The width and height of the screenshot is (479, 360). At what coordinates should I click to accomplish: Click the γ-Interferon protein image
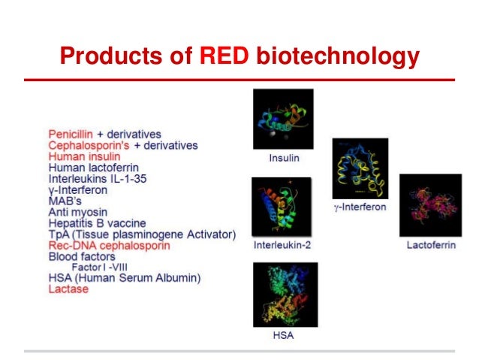pos(360,168)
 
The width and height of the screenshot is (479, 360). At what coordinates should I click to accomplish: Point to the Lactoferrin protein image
pos(429,206)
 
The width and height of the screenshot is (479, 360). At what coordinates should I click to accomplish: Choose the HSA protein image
pos(284,294)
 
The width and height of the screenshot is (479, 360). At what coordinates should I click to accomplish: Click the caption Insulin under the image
pos(283,159)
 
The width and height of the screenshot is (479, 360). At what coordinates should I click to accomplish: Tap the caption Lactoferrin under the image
pos(429,246)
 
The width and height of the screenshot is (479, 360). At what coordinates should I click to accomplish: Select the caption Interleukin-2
pos(282,246)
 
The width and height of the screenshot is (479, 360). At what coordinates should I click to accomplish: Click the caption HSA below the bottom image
pos(283,335)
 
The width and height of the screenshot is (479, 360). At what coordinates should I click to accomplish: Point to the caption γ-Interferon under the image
pos(360,206)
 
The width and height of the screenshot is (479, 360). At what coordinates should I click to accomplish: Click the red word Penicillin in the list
pos(71,134)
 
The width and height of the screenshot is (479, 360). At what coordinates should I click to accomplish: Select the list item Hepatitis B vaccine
pos(97,223)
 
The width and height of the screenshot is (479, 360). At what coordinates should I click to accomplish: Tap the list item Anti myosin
pos(77,212)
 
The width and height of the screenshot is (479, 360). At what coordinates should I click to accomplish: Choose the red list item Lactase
pos(68,289)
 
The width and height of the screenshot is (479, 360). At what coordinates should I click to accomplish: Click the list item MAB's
pos(65,201)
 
